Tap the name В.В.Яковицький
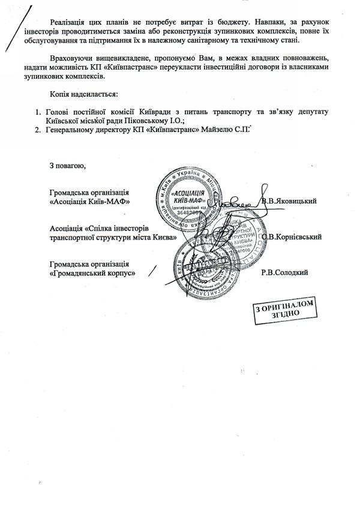click(289, 202)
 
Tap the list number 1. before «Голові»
click(37, 112)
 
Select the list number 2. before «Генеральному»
click(37, 128)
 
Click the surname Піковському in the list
click(139, 120)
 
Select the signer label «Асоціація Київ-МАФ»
click(90, 202)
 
